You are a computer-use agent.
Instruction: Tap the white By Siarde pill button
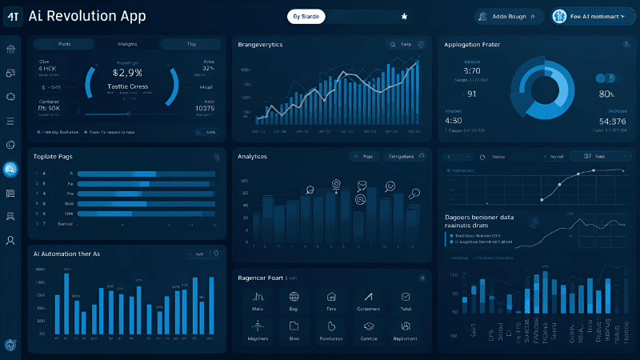[x=306, y=16]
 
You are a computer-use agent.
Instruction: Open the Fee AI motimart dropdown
[x=593, y=16]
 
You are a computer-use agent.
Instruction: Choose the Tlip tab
[x=191, y=45]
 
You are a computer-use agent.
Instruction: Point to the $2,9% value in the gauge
[x=128, y=72]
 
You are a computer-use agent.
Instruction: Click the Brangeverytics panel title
[x=260, y=45]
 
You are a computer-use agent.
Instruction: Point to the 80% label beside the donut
[x=606, y=94]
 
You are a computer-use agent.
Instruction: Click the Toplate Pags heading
[x=54, y=156]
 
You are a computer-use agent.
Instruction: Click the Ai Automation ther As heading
[x=66, y=254]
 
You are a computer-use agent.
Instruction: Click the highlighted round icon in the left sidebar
[x=11, y=169]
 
